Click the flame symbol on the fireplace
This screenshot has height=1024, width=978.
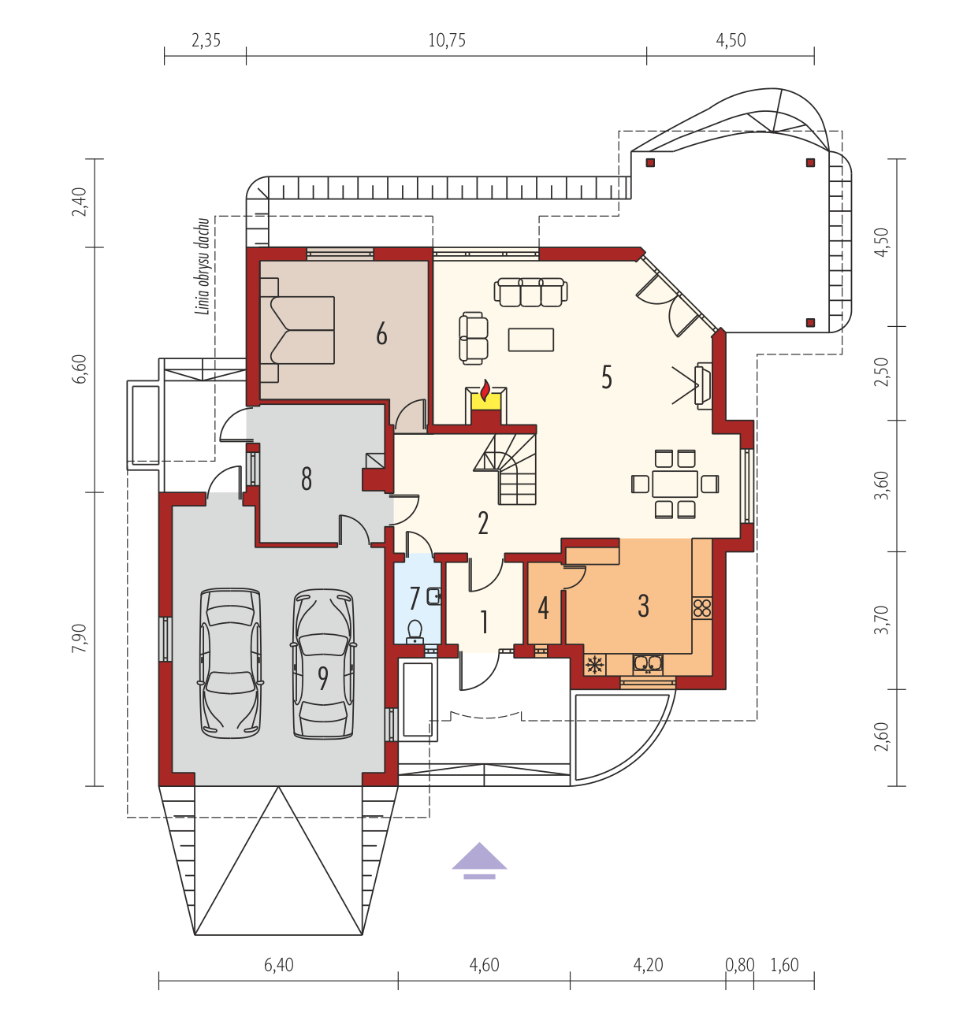485,391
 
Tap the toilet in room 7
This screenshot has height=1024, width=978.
415,631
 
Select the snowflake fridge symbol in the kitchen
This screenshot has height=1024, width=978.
595,665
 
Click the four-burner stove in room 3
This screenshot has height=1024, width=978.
702,608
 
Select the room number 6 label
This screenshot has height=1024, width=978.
381,334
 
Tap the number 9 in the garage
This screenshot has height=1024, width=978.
323,678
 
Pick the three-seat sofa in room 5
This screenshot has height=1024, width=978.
530,292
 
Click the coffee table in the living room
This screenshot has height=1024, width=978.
530,339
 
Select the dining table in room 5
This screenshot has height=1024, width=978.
675,484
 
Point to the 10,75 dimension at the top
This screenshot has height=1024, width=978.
447,41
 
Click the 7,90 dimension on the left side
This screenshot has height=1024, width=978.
80,638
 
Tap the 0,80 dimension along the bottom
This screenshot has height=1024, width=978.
740,965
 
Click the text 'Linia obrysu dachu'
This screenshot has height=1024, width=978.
203,266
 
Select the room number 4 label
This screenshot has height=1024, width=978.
543,608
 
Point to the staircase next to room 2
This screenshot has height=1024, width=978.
505,469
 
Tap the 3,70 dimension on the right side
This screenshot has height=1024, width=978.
881,619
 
